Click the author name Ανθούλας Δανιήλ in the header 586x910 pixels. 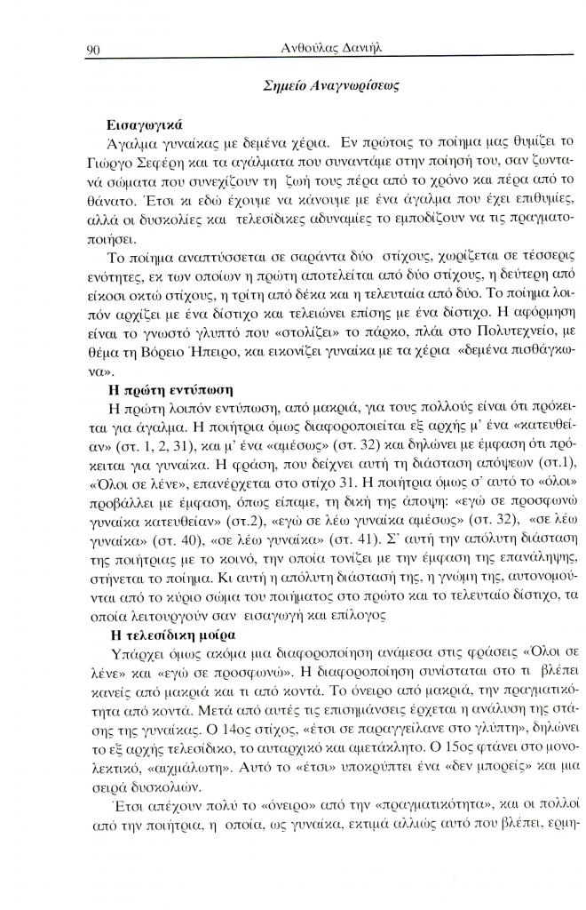[x=318, y=49]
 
